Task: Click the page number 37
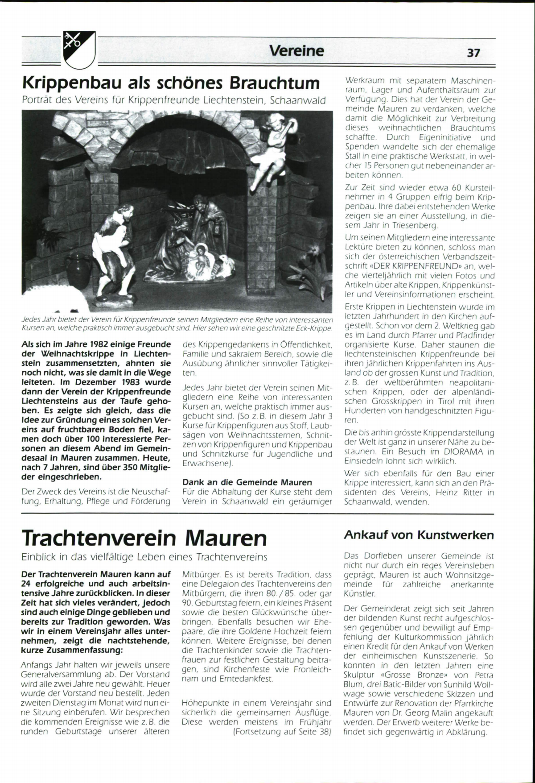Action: coord(473,53)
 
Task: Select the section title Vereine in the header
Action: coord(296,51)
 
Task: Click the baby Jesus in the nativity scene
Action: coord(199,263)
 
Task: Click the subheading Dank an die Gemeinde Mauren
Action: coord(247,482)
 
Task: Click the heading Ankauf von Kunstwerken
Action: coord(419,535)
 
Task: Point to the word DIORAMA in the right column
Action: coord(460,452)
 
